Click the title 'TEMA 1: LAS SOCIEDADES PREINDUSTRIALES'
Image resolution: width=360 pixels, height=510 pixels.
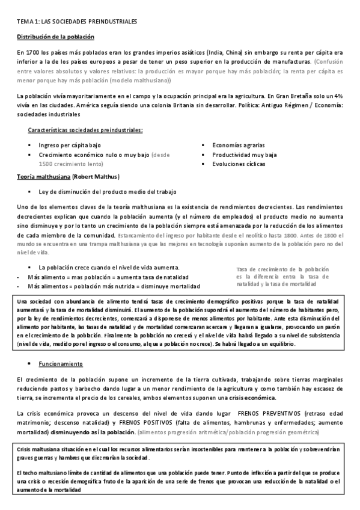tap(77, 22)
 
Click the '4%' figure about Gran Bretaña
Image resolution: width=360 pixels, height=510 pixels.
tap(338, 96)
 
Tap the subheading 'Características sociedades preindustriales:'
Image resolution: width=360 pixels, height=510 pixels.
tap(85, 131)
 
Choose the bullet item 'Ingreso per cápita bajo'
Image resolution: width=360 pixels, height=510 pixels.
tap(70, 146)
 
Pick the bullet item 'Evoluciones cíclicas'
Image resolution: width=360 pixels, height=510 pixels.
tap(239, 164)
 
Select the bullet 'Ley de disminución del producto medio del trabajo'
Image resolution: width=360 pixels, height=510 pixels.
tap(107, 192)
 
